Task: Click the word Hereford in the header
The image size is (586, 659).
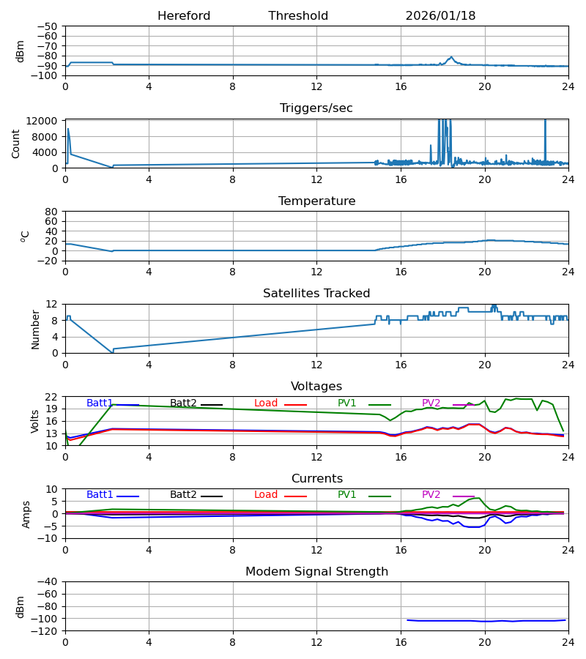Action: pyautogui.click(x=184, y=16)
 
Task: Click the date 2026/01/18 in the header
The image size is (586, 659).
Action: pyautogui.click(x=440, y=16)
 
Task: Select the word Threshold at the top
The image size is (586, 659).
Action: pyautogui.click(x=298, y=16)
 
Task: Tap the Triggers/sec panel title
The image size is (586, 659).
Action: pyautogui.click(x=316, y=108)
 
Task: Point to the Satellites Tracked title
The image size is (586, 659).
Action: pyautogui.click(x=316, y=294)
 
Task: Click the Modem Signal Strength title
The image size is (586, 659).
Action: pyautogui.click(x=316, y=572)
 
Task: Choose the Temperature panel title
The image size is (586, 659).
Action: pyautogui.click(x=316, y=201)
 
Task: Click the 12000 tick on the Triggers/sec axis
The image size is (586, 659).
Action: pyautogui.click(x=45, y=121)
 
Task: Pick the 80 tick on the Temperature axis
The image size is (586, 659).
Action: pyautogui.click(x=51, y=212)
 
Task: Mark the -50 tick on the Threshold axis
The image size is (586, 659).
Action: pyautogui.click(x=48, y=26)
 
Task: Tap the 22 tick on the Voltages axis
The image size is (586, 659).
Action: pyautogui.click(x=51, y=397)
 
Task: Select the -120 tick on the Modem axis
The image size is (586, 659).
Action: pyautogui.click(x=45, y=631)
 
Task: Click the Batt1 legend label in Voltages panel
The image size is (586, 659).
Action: pyautogui.click(x=100, y=403)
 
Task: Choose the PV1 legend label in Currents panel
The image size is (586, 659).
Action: pyautogui.click(x=347, y=495)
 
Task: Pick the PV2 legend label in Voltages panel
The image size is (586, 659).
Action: pyautogui.click(x=431, y=403)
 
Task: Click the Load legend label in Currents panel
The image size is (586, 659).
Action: pyautogui.click(x=266, y=495)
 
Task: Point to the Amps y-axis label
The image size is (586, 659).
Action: pyautogui.click(x=26, y=514)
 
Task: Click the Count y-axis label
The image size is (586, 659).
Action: pyautogui.click(x=16, y=144)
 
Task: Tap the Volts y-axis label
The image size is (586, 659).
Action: pyautogui.click(x=35, y=421)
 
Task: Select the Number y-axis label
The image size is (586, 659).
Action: pyautogui.click(x=35, y=329)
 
